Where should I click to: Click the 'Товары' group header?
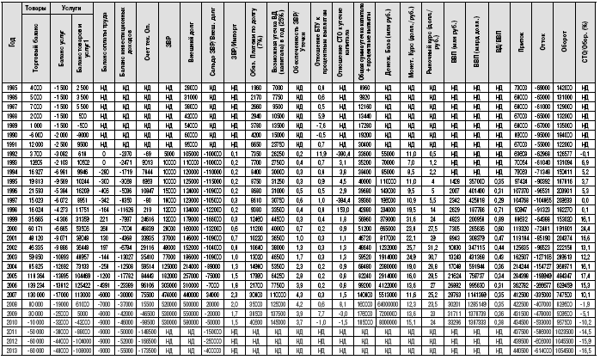coord(37,6)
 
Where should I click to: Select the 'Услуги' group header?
coord(73,6)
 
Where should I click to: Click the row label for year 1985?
coord(10,89)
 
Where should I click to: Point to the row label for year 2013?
coord(10,353)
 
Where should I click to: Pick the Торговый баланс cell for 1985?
coord(37,89)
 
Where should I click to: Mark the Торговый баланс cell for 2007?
coord(37,296)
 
